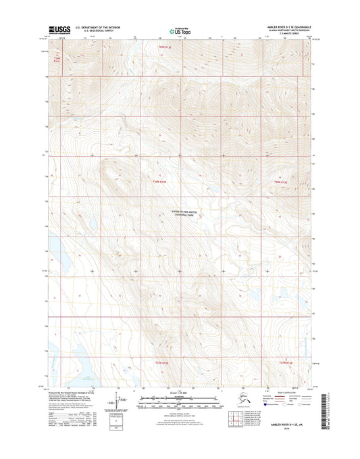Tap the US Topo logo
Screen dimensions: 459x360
click(178, 30)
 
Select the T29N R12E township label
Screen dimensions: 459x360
click(158, 181)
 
